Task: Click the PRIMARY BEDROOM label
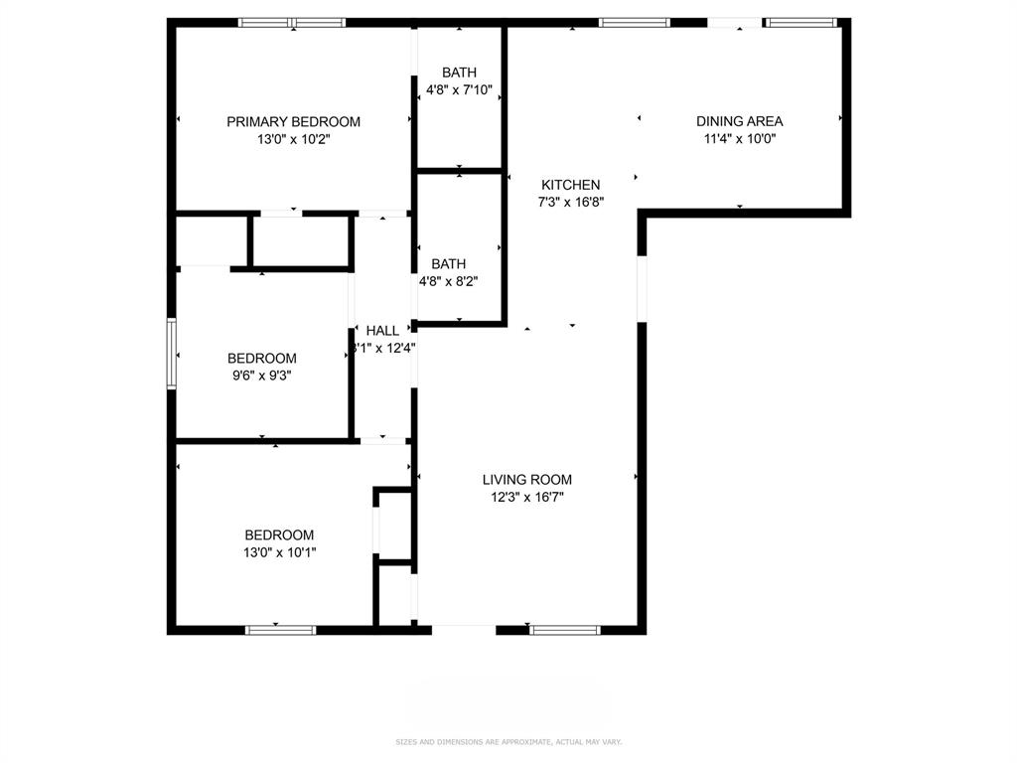coord(293,122)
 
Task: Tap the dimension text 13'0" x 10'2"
coord(293,140)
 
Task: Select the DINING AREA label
coord(739,121)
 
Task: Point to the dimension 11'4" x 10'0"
coord(739,139)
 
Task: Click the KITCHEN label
coord(570,185)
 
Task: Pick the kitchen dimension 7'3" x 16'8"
coord(571,202)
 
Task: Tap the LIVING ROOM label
coord(527,480)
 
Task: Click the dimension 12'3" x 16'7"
coord(527,498)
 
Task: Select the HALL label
coord(382,331)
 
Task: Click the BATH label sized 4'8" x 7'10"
coord(459,73)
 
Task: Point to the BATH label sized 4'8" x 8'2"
coord(448,264)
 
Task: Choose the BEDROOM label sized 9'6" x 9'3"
coord(261,359)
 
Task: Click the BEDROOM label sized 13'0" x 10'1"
coord(279,534)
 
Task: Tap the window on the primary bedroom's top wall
coord(292,22)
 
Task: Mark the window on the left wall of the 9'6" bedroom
coord(172,353)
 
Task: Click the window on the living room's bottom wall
coord(565,629)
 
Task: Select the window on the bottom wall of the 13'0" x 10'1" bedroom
coord(280,629)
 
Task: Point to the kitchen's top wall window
coord(635,22)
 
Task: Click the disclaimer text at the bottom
coord(508,741)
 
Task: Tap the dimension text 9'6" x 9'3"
coord(261,376)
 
